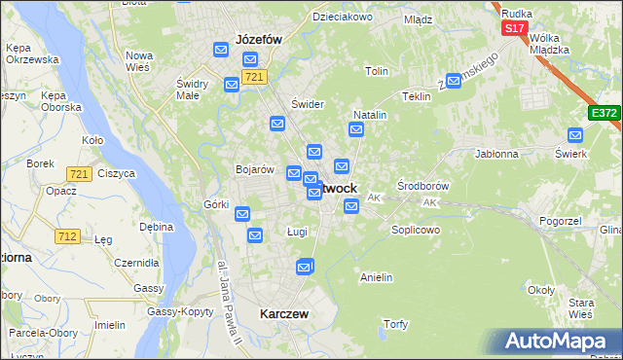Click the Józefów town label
click(258, 40)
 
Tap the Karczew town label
click(284, 314)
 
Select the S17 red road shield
click(514, 28)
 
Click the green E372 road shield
click(604, 114)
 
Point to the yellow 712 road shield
click(67, 236)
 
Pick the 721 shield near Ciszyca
click(80, 173)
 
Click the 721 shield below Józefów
click(254, 77)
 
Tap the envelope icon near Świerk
click(574, 136)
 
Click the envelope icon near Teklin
click(450, 81)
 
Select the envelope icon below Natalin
click(356, 129)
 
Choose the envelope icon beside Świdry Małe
click(232, 85)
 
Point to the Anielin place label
click(376, 277)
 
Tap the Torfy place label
click(395, 324)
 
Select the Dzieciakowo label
click(343, 18)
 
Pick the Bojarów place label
click(255, 169)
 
